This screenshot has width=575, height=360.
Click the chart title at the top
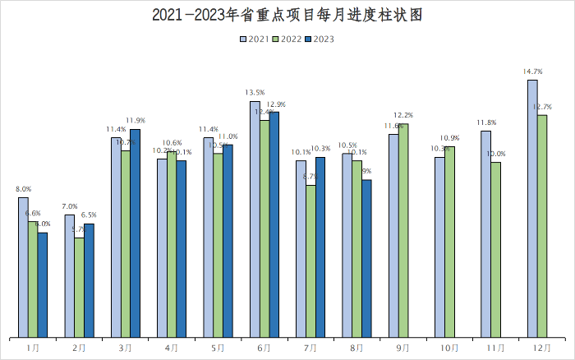[287, 15]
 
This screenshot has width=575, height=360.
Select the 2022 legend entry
[286, 39]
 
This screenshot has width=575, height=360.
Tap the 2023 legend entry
[319, 39]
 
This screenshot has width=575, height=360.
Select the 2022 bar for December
[542, 226]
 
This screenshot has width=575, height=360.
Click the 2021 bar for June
[255, 219]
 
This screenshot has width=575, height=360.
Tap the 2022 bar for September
[403, 230]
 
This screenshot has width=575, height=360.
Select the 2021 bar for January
[23, 267]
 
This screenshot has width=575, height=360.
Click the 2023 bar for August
[366, 258]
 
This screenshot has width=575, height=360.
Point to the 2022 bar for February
[79, 288]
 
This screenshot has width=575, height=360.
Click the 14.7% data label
[532, 72]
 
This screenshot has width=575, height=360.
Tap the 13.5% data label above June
[255, 93]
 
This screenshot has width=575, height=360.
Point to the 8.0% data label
[23, 189]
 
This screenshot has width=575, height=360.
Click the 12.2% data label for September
[403, 115]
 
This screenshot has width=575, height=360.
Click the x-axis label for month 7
[310, 348]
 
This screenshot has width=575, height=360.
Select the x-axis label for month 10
[448, 348]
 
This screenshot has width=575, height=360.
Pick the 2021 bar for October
[439, 247]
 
